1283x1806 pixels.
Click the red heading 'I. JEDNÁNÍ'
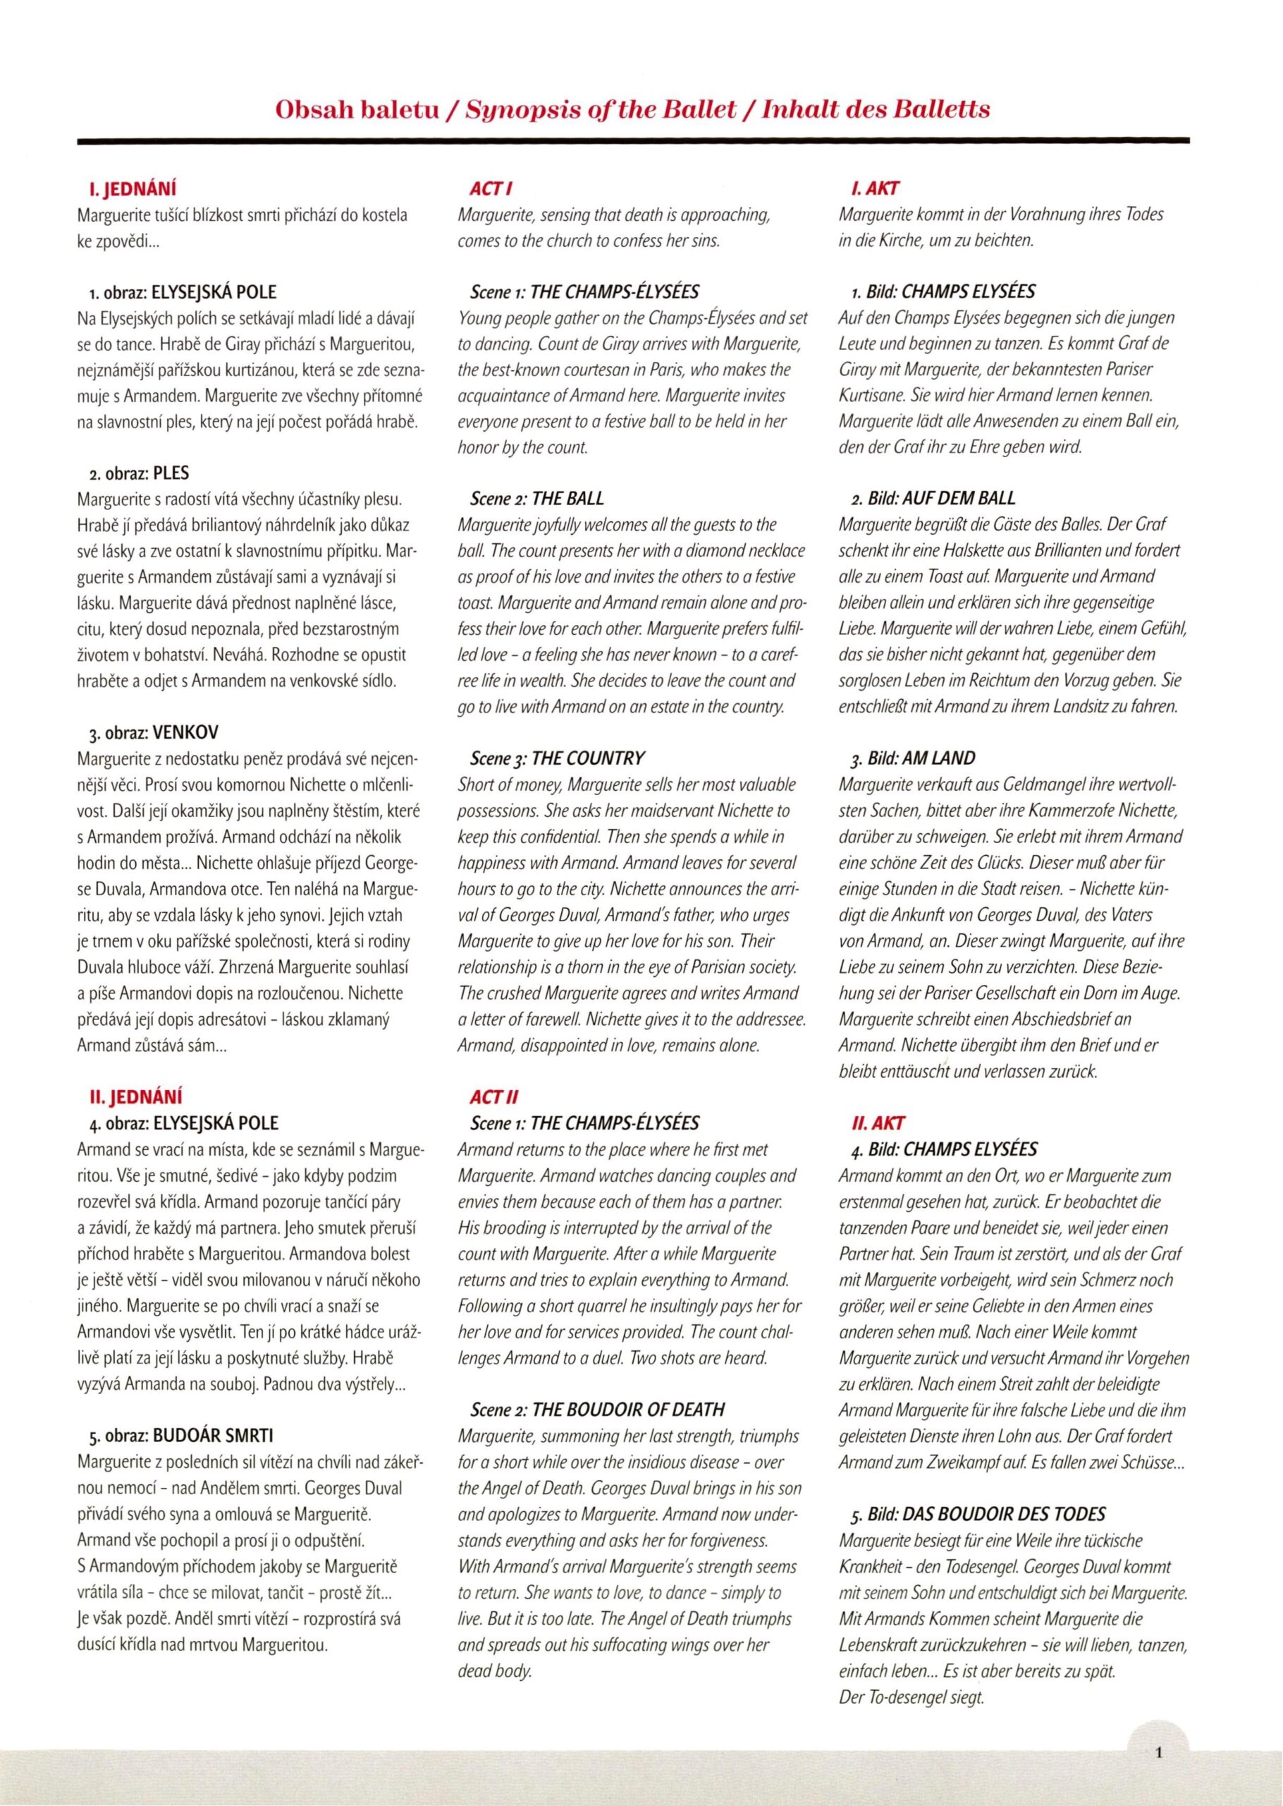coord(133,190)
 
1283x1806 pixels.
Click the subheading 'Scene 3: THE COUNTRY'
coord(557,758)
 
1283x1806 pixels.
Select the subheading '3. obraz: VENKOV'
coord(150,732)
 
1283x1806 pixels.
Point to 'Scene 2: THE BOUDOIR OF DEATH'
coord(596,1410)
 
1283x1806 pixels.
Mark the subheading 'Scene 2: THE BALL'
coord(536,498)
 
